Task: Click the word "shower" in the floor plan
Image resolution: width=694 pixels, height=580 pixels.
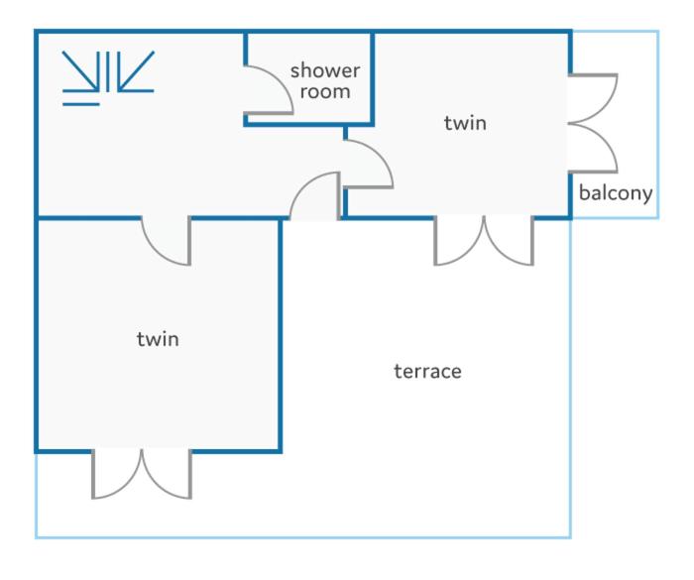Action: [325, 70]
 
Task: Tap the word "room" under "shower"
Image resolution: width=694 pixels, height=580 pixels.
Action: [325, 91]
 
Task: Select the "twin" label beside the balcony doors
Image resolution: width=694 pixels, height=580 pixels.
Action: [465, 123]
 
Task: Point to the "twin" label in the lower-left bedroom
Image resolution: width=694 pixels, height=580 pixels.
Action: [158, 339]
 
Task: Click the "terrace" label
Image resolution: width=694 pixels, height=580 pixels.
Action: [427, 371]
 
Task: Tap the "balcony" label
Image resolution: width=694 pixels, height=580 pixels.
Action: [616, 193]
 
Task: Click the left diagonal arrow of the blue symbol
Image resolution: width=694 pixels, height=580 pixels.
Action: [80, 70]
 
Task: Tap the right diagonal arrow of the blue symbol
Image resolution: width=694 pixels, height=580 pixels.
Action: [136, 70]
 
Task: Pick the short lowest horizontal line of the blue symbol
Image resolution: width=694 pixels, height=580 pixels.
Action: [81, 104]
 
